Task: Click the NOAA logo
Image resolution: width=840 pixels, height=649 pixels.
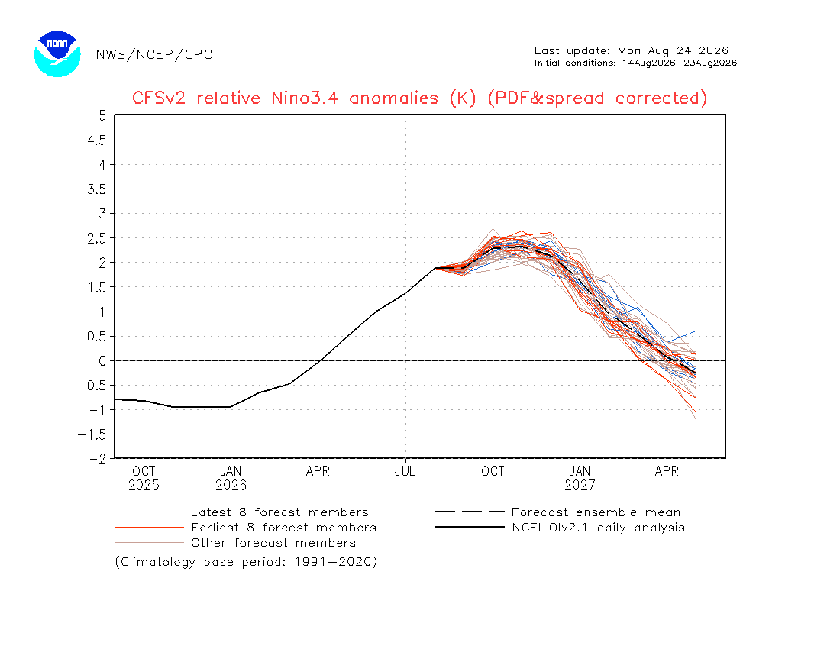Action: click(57, 54)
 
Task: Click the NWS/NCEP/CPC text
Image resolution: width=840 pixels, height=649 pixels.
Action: click(154, 55)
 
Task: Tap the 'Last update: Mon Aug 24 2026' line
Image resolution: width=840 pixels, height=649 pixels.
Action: click(631, 50)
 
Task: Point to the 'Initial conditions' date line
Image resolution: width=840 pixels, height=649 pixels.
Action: click(635, 63)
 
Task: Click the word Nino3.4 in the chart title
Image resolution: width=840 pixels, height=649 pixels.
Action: click(304, 98)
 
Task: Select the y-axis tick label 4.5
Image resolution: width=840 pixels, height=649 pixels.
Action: click(97, 140)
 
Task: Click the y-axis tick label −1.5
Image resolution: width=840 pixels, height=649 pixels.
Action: click(92, 434)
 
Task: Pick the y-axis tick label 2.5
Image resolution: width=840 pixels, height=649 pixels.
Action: click(97, 238)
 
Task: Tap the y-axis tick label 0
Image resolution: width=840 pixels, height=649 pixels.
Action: click(102, 361)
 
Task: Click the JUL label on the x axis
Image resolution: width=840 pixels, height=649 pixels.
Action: click(405, 471)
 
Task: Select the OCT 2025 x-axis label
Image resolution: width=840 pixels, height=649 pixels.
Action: click(144, 478)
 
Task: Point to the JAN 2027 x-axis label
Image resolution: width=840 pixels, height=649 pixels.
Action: click(580, 478)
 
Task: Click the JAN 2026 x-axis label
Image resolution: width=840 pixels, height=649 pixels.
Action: click(231, 478)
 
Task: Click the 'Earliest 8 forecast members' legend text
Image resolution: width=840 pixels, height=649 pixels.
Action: click(284, 528)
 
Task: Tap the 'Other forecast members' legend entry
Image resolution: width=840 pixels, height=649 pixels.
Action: click(273, 543)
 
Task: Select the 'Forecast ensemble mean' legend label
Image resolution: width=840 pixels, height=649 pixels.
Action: click(596, 512)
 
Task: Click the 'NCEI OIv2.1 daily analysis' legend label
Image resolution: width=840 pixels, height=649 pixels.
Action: click(599, 528)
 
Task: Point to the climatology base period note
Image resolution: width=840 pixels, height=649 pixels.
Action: click(246, 562)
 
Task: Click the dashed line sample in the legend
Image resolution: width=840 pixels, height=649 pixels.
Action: click(470, 512)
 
